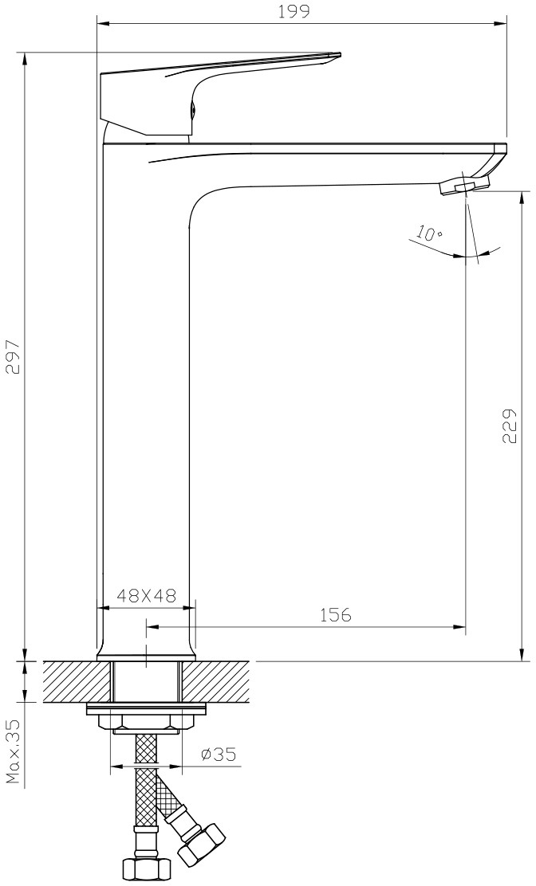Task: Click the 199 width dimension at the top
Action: point(294,12)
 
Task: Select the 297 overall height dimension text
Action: point(13,356)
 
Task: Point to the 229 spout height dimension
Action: point(509,426)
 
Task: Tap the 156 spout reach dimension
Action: point(335,615)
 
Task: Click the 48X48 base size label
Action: point(147,595)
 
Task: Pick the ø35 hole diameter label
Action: point(219,754)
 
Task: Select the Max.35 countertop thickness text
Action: point(13,751)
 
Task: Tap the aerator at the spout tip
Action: point(465,186)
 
